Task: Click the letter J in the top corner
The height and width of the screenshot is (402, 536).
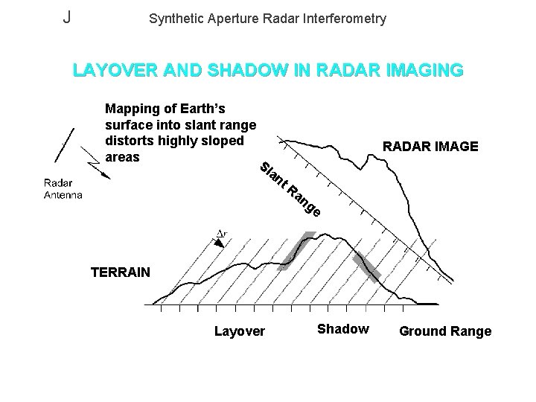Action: click(67, 16)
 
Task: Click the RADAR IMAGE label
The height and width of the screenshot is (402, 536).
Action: click(430, 147)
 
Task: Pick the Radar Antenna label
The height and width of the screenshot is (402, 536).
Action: click(63, 188)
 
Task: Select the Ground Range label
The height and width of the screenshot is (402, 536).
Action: click(445, 331)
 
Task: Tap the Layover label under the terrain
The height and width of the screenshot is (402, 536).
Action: click(239, 331)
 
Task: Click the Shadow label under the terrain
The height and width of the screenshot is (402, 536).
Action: click(342, 329)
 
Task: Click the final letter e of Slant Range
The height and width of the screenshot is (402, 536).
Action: click(316, 214)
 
